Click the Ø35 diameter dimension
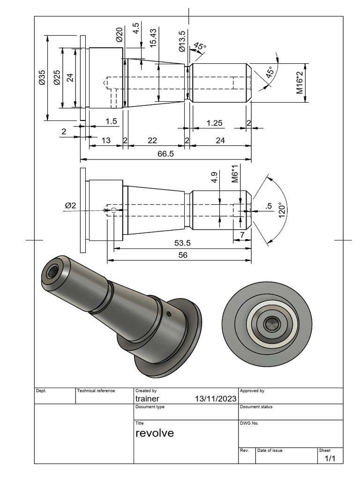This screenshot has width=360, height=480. coord(42,77)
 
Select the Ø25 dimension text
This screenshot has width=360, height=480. coord(57,77)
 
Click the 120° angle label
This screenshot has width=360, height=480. coord(282,209)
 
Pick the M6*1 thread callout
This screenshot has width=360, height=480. coord(235,174)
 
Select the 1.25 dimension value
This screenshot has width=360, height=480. coord(214,123)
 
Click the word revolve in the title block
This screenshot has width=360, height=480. coord(154,433)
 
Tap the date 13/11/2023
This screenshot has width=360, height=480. coord(215,398)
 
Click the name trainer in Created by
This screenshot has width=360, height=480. coord(147,398)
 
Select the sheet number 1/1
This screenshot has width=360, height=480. coord(330,458)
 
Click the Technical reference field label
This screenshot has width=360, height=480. coord(96,390)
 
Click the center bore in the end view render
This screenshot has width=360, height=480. coord(270,323)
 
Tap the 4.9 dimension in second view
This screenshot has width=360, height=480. coord(214,177)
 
